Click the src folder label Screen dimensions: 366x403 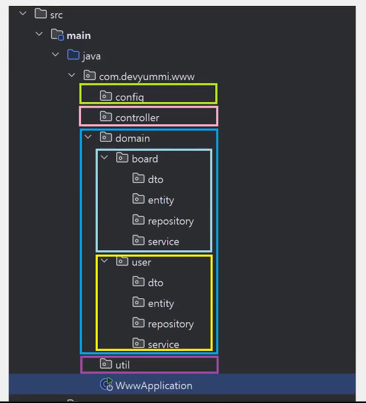[x=56, y=15]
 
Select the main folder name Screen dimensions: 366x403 [x=79, y=36]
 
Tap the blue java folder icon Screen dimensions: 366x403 [x=73, y=55]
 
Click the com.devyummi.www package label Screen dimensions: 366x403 [x=147, y=77]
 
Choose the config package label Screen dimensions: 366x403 [x=130, y=97]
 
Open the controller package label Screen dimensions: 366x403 [x=137, y=118]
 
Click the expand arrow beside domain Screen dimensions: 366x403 [x=88, y=137]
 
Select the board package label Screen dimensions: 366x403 [x=145, y=159]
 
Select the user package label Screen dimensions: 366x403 [x=141, y=263]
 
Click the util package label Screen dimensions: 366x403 [x=122, y=365]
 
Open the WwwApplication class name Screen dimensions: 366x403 [x=154, y=386]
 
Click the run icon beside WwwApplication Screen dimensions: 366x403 [x=106, y=384]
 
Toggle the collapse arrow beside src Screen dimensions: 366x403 [x=23, y=13]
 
